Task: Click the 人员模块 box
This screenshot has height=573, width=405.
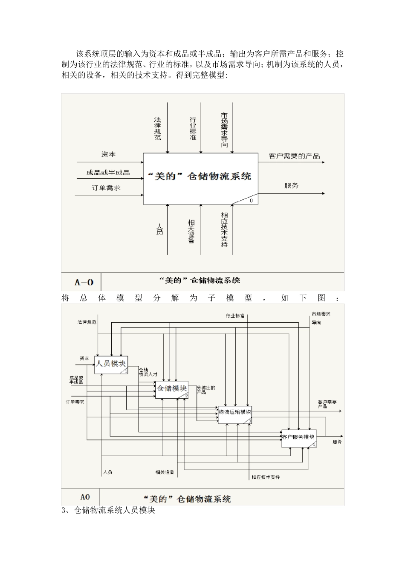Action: pyautogui.click(x=111, y=364)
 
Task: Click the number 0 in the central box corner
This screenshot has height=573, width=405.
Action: pyautogui.click(x=251, y=200)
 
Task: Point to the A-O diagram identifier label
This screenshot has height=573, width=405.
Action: pyautogui.click(x=84, y=282)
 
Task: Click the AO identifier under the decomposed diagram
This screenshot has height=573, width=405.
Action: pyautogui.click(x=85, y=497)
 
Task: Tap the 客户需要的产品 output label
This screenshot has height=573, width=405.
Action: pyautogui.click(x=294, y=156)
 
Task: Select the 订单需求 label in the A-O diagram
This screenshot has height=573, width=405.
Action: pyautogui.click(x=106, y=188)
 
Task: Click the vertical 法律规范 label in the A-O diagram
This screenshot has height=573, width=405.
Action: pyautogui.click(x=158, y=129)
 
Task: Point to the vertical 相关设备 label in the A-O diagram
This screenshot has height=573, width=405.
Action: pyautogui.click(x=191, y=232)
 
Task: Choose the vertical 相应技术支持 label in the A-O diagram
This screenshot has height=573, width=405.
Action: pyautogui.click(x=224, y=230)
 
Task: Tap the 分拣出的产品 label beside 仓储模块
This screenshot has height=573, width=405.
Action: pyautogui.click(x=206, y=390)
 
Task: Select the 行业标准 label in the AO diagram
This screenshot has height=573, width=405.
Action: pyautogui.click(x=235, y=316)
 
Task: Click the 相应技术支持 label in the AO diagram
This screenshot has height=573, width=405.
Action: pyautogui.click(x=266, y=477)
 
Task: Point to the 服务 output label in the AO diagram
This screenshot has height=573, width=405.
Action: pyautogui.click(x=337, y=442)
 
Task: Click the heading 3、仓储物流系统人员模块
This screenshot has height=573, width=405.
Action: pyautogui.click(x=108, y=510)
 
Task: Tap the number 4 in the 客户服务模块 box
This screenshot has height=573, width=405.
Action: pyautogui.click(x=314, y=445)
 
